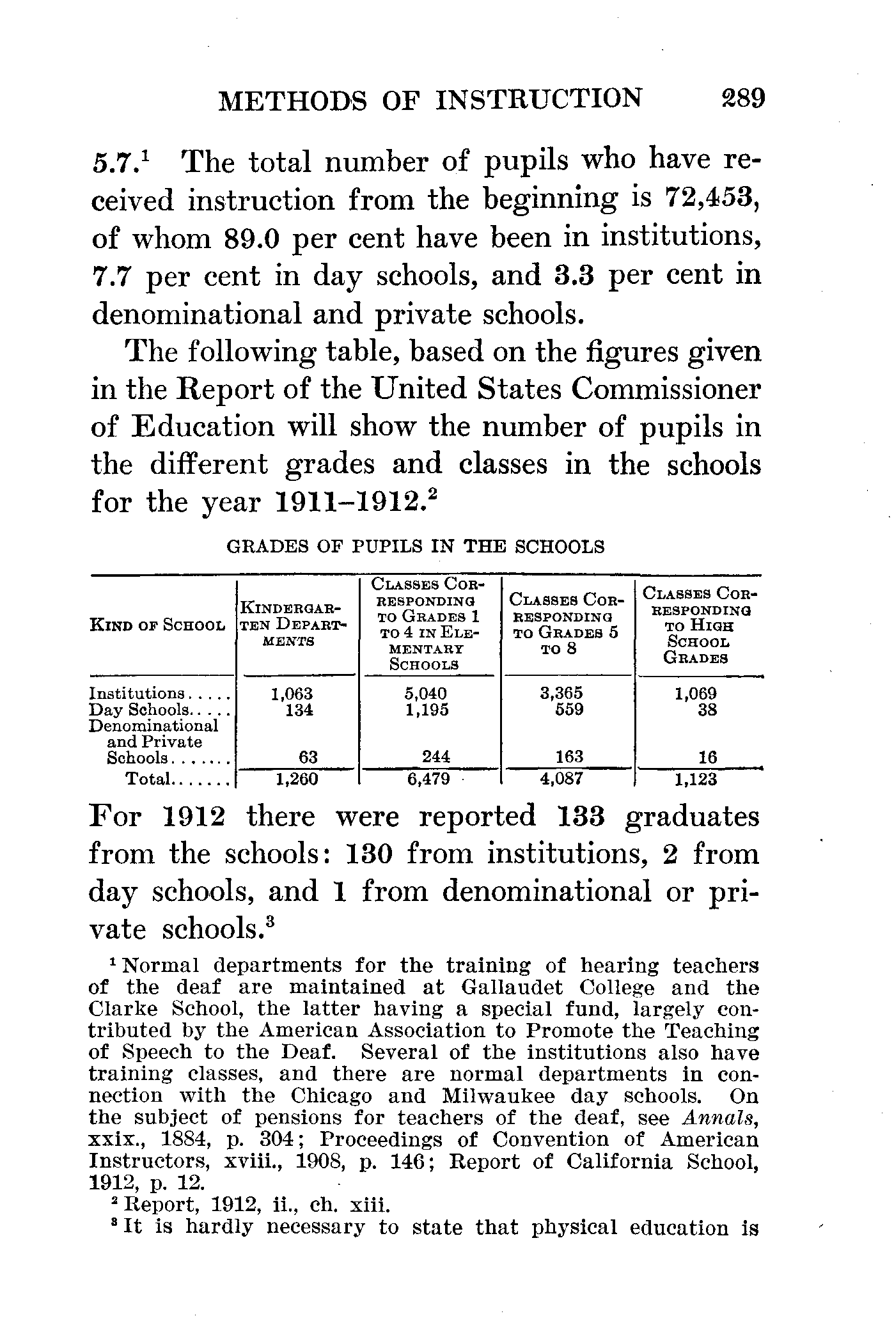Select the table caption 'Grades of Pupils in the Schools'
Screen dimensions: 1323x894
(416, 547)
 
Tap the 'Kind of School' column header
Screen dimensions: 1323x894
(157, 625)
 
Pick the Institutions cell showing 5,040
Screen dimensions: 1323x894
(426, 694)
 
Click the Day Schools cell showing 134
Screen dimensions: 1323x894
(299, 710)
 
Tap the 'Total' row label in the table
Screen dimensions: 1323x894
(148, 779)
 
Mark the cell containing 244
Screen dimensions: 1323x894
(436, 758)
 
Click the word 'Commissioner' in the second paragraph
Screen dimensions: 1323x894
(666, 389)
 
